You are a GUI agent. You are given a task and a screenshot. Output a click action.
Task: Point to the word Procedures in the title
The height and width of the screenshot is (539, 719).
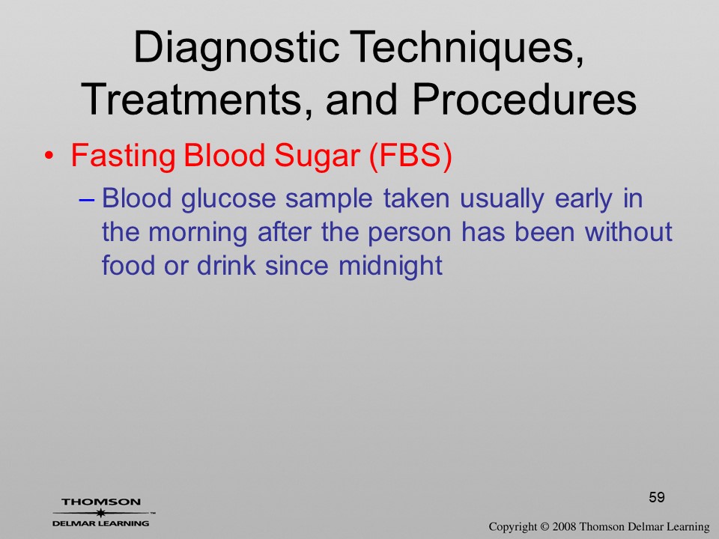(524, 99)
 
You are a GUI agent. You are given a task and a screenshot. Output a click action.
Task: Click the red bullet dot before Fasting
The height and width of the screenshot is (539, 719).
(49, 156)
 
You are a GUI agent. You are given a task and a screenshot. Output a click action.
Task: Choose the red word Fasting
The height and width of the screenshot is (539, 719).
(123, 156)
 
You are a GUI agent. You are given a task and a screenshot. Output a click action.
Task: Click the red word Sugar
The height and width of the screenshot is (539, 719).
(317, 156)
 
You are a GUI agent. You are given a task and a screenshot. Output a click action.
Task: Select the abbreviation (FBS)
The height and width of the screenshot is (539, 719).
(410, 156)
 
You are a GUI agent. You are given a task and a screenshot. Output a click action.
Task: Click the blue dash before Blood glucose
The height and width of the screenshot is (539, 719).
(87, 201)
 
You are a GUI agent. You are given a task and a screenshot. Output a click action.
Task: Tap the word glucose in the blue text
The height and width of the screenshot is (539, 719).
(228, 199)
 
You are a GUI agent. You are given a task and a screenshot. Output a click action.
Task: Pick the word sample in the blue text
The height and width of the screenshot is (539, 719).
(329, 200)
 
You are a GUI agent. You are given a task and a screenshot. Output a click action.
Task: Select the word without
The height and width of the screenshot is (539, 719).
(628, 231)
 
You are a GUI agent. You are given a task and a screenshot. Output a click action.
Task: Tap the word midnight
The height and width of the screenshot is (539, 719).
(390, 266)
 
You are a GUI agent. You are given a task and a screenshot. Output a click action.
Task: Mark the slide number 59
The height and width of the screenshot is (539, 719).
(657, 497)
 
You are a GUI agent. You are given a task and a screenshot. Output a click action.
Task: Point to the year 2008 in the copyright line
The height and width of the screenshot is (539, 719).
(565, 527)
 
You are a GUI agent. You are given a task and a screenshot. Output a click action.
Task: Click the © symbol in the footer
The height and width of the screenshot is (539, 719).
(544, 527)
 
